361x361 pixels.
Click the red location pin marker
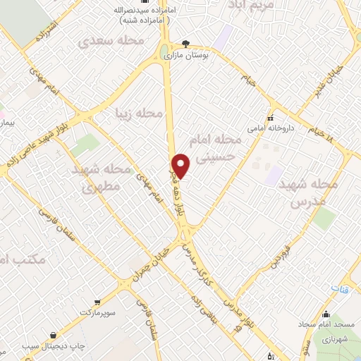click(181, 165)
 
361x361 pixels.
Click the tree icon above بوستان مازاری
click(186, 42)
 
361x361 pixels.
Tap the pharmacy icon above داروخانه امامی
click(270, 118)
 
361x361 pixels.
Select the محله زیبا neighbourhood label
click(140, 112)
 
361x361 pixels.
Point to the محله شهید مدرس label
click(307, 192)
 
